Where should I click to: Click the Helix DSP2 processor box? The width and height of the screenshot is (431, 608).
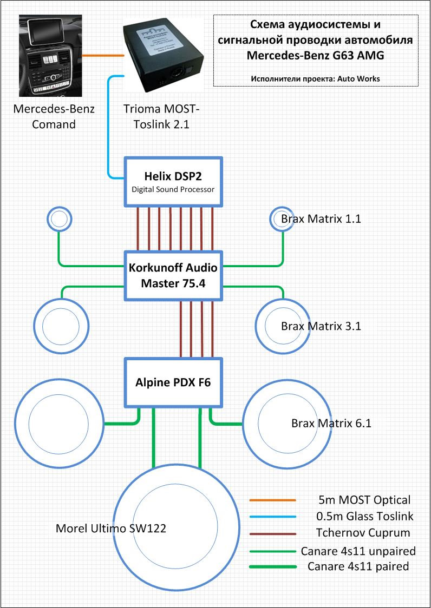click(x=173, y=182)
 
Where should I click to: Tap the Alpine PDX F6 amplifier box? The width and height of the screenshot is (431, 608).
click(x=173, y=383)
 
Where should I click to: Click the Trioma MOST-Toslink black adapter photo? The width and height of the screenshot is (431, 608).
click(x=164, y=56)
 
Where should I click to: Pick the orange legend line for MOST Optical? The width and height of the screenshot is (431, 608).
click(x=272, y=500)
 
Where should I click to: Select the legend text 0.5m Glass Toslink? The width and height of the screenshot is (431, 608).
click(x=364, y=516)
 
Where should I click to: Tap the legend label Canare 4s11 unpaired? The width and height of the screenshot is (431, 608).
click(x=358, y=551)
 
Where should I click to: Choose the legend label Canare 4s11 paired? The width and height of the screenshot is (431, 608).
click(x=358, y=566)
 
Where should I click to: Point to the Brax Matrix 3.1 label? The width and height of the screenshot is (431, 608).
click(x=321, y=326)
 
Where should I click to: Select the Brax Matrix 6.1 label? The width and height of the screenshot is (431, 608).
click(x=331, y=423)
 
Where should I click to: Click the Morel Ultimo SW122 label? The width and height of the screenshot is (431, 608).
click(x=111, y=528)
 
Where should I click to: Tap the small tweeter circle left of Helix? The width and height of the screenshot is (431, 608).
click(x=60, y=219)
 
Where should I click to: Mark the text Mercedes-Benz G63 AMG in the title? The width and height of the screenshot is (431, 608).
click(x=315, y=56)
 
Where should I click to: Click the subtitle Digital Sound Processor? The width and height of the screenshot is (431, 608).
click(x=173, y=190)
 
